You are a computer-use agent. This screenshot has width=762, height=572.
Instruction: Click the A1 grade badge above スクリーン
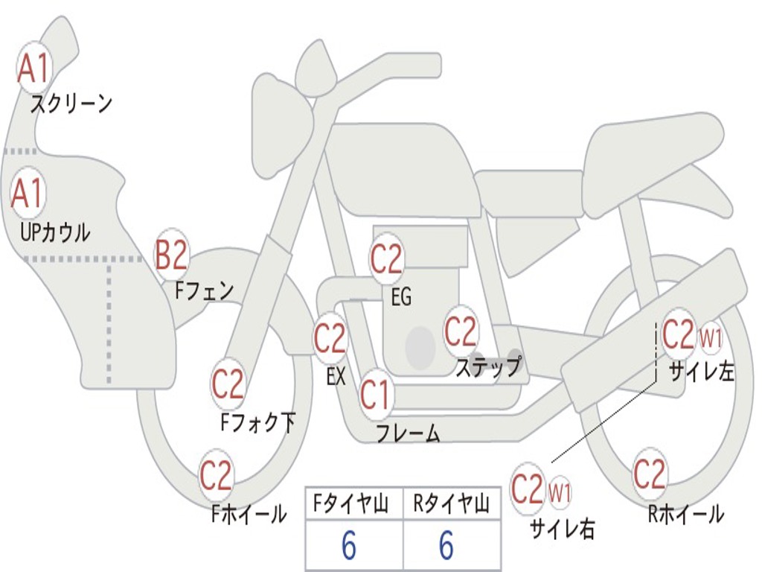(33, 69)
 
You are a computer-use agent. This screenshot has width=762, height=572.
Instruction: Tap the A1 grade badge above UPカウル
(28, 194)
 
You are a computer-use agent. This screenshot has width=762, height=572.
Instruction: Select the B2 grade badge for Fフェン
(171, 255)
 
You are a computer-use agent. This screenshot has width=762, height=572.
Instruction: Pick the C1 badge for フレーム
(375, 394)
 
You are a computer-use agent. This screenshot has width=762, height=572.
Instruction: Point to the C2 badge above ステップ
(461, 331)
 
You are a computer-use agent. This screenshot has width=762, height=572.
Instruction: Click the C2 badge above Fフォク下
(228, 384)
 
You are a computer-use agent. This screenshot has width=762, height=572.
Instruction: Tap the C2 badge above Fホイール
(217, 476)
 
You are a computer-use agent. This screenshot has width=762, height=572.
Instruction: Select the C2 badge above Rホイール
(649, 473)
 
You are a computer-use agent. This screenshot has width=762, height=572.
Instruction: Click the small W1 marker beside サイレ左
(711, 339)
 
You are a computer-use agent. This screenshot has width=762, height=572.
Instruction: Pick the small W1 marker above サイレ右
(560, 491)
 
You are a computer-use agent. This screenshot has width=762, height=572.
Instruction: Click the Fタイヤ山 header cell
(353, 505)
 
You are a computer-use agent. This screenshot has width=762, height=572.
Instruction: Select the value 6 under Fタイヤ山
(349, 546)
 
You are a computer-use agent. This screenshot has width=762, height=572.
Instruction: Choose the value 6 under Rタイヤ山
(446, 546)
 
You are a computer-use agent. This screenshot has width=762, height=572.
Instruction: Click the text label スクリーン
(71, 104)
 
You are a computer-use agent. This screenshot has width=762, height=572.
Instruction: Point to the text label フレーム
(408, 433)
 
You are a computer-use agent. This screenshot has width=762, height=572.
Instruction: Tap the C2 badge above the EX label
(330, 340)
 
